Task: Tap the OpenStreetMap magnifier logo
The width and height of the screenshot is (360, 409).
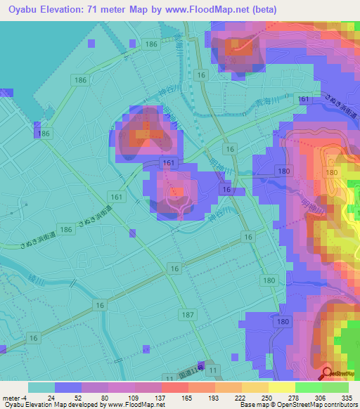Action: [x=327, y=372]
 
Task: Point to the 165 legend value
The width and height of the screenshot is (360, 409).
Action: [x=176, y=397]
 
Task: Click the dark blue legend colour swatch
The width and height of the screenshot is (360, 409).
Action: [x=67, y=387]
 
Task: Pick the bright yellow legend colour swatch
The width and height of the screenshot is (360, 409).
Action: [x=281, y=387]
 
